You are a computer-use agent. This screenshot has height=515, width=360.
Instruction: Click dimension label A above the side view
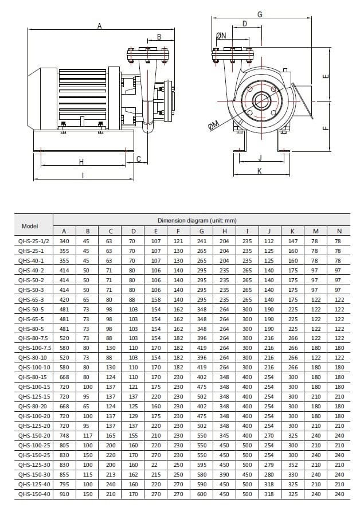pos(100,25)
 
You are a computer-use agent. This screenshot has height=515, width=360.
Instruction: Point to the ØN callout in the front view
pos(221,36)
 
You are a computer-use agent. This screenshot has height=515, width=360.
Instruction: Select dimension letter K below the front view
pos(259,171)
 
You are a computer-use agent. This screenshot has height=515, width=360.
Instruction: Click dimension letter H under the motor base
pos(81,162)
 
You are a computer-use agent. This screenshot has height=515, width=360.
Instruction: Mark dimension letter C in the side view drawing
pos(138,159)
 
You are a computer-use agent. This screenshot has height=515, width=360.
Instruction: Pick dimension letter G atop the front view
pos(260,14)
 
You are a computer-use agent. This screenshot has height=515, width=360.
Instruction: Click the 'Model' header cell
pos(30,226)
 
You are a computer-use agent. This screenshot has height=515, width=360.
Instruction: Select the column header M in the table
pos(315,231)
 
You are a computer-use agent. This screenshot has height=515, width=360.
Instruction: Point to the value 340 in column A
pos(64,241)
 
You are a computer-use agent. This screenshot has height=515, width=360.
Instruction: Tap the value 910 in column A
pos(64,493)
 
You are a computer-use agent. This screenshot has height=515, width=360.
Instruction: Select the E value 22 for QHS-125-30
pos(155,465)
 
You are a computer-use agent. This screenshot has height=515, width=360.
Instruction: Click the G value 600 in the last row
pos(201,493)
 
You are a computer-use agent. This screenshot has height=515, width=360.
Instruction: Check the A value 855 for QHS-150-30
pos(64,475)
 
